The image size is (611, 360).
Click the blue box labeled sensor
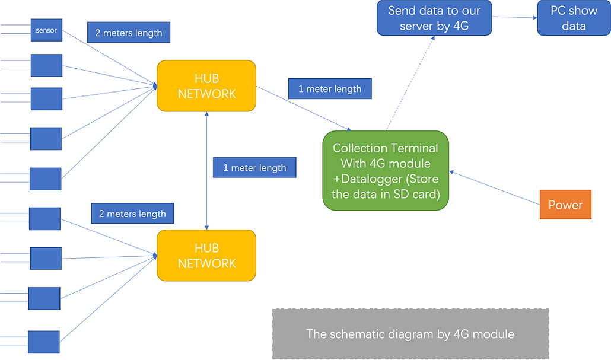(x=46, y=30)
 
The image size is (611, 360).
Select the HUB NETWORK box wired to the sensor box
(x=206, y=86)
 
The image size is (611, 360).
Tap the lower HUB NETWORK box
(x=206, y=256)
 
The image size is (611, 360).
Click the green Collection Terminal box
(x=386, y=171)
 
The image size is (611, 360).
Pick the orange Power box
(x=565, y=205)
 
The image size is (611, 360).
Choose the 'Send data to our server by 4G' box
(x=434, y=18)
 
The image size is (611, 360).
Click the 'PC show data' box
(x=574, y=18)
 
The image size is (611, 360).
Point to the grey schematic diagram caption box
(x=410, y=334)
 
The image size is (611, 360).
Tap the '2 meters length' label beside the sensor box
(x=129, y=33)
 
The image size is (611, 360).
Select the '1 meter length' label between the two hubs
(x=254, y=168)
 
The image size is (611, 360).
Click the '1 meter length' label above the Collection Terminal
(x=330, y=89)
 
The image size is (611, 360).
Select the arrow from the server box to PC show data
(x=514, y=17)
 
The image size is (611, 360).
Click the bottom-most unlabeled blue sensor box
(x=44, y=342)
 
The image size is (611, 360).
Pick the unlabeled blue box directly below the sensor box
(x=46, y=65)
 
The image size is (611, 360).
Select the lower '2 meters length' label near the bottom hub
(x=132, y=214)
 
